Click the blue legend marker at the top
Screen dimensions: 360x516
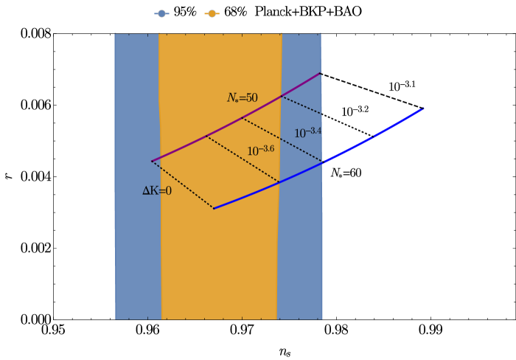coord(161,13)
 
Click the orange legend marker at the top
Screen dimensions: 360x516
coord(212,13)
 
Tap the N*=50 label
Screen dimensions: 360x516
coord(242,97)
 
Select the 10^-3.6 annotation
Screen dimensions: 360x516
coord(260,150)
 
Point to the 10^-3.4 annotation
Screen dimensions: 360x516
coord(307,133)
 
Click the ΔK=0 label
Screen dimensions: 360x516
coord(157,191)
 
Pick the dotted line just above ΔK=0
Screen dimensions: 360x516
coord(182,184)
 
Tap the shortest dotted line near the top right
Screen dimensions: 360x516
coord(301,105)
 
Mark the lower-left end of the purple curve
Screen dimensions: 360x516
coord(152,161)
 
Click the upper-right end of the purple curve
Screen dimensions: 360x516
coord(321,73)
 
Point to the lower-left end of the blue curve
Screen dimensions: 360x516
coord(214,208)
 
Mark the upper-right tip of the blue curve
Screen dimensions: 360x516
coord(422,108)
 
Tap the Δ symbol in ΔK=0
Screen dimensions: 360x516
coord(146,191)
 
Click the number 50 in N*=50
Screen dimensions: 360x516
coord(251,97)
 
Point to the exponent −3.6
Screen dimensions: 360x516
coord(267,148)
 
